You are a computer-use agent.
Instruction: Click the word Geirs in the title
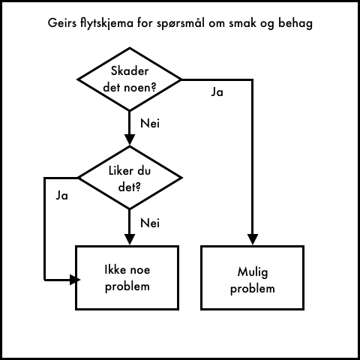(62, 22)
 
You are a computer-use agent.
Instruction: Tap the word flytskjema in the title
(107, 23)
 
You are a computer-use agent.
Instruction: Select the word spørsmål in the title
(181, 23)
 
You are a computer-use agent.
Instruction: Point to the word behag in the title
(295, 23)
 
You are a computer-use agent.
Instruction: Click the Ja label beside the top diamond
(217, 92)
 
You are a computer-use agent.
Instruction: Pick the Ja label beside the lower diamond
(61, 196)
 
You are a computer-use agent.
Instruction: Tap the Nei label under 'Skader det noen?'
(150, 123)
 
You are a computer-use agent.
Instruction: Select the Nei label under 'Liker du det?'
(150, 223)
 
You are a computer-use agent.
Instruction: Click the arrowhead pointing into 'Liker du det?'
(130, 139)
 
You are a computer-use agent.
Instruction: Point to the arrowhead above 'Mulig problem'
(253, 239)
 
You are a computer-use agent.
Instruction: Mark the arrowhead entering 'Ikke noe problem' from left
(75, 280)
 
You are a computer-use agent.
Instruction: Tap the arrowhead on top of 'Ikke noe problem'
(130, 239)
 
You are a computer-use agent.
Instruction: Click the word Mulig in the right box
(253, 272)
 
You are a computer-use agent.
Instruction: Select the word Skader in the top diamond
(130, 71)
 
